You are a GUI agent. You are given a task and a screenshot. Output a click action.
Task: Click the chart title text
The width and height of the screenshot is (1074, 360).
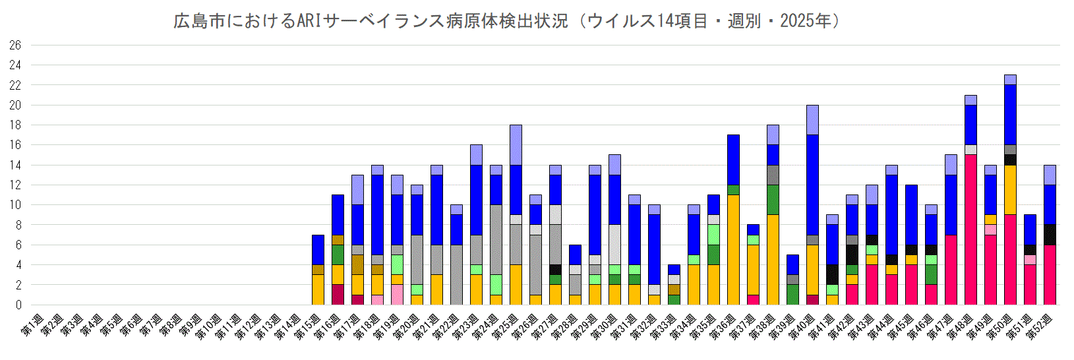click(507, 21)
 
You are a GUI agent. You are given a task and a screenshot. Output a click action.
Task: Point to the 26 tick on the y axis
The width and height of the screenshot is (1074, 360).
click(15, 45)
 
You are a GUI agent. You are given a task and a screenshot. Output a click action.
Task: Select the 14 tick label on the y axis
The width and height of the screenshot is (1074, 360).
click(15, 165)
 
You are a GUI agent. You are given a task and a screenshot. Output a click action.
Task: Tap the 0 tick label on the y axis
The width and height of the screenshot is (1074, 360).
click(18, 305)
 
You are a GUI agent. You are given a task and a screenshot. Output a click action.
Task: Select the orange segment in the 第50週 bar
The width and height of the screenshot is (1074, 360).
click(1010, 190)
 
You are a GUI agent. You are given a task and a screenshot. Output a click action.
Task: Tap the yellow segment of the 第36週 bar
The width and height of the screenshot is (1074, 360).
click(733, 250)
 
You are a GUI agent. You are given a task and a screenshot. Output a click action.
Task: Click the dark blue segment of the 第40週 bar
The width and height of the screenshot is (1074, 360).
click(812, 185)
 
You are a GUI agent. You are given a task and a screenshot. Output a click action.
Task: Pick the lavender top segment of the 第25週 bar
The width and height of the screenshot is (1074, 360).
click(516, 145)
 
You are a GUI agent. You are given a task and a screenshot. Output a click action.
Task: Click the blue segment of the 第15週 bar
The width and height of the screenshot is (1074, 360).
click(318, 250)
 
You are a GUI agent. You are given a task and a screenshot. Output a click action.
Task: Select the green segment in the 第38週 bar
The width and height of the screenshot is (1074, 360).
click(773, 200)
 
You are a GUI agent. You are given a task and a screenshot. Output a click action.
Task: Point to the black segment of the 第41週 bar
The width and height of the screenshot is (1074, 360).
click(832, 275)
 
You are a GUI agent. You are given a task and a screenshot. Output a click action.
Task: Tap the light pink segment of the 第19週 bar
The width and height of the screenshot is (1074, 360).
click(397, 295)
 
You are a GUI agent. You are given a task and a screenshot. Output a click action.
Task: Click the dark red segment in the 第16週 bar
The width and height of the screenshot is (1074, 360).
click(338, 295)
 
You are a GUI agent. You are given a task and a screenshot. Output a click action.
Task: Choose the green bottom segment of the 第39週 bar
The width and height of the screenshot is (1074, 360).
click(792, 295)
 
